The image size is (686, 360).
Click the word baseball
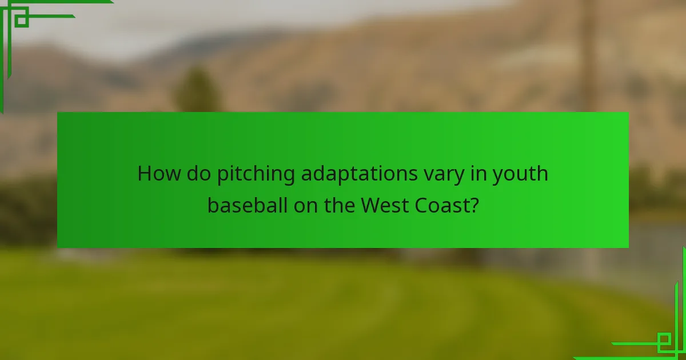(248, 205)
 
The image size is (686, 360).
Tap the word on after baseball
(306, 205)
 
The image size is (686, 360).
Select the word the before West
(340, 205)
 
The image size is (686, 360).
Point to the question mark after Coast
(474, 205)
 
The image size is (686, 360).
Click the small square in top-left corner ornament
(22, 20)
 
